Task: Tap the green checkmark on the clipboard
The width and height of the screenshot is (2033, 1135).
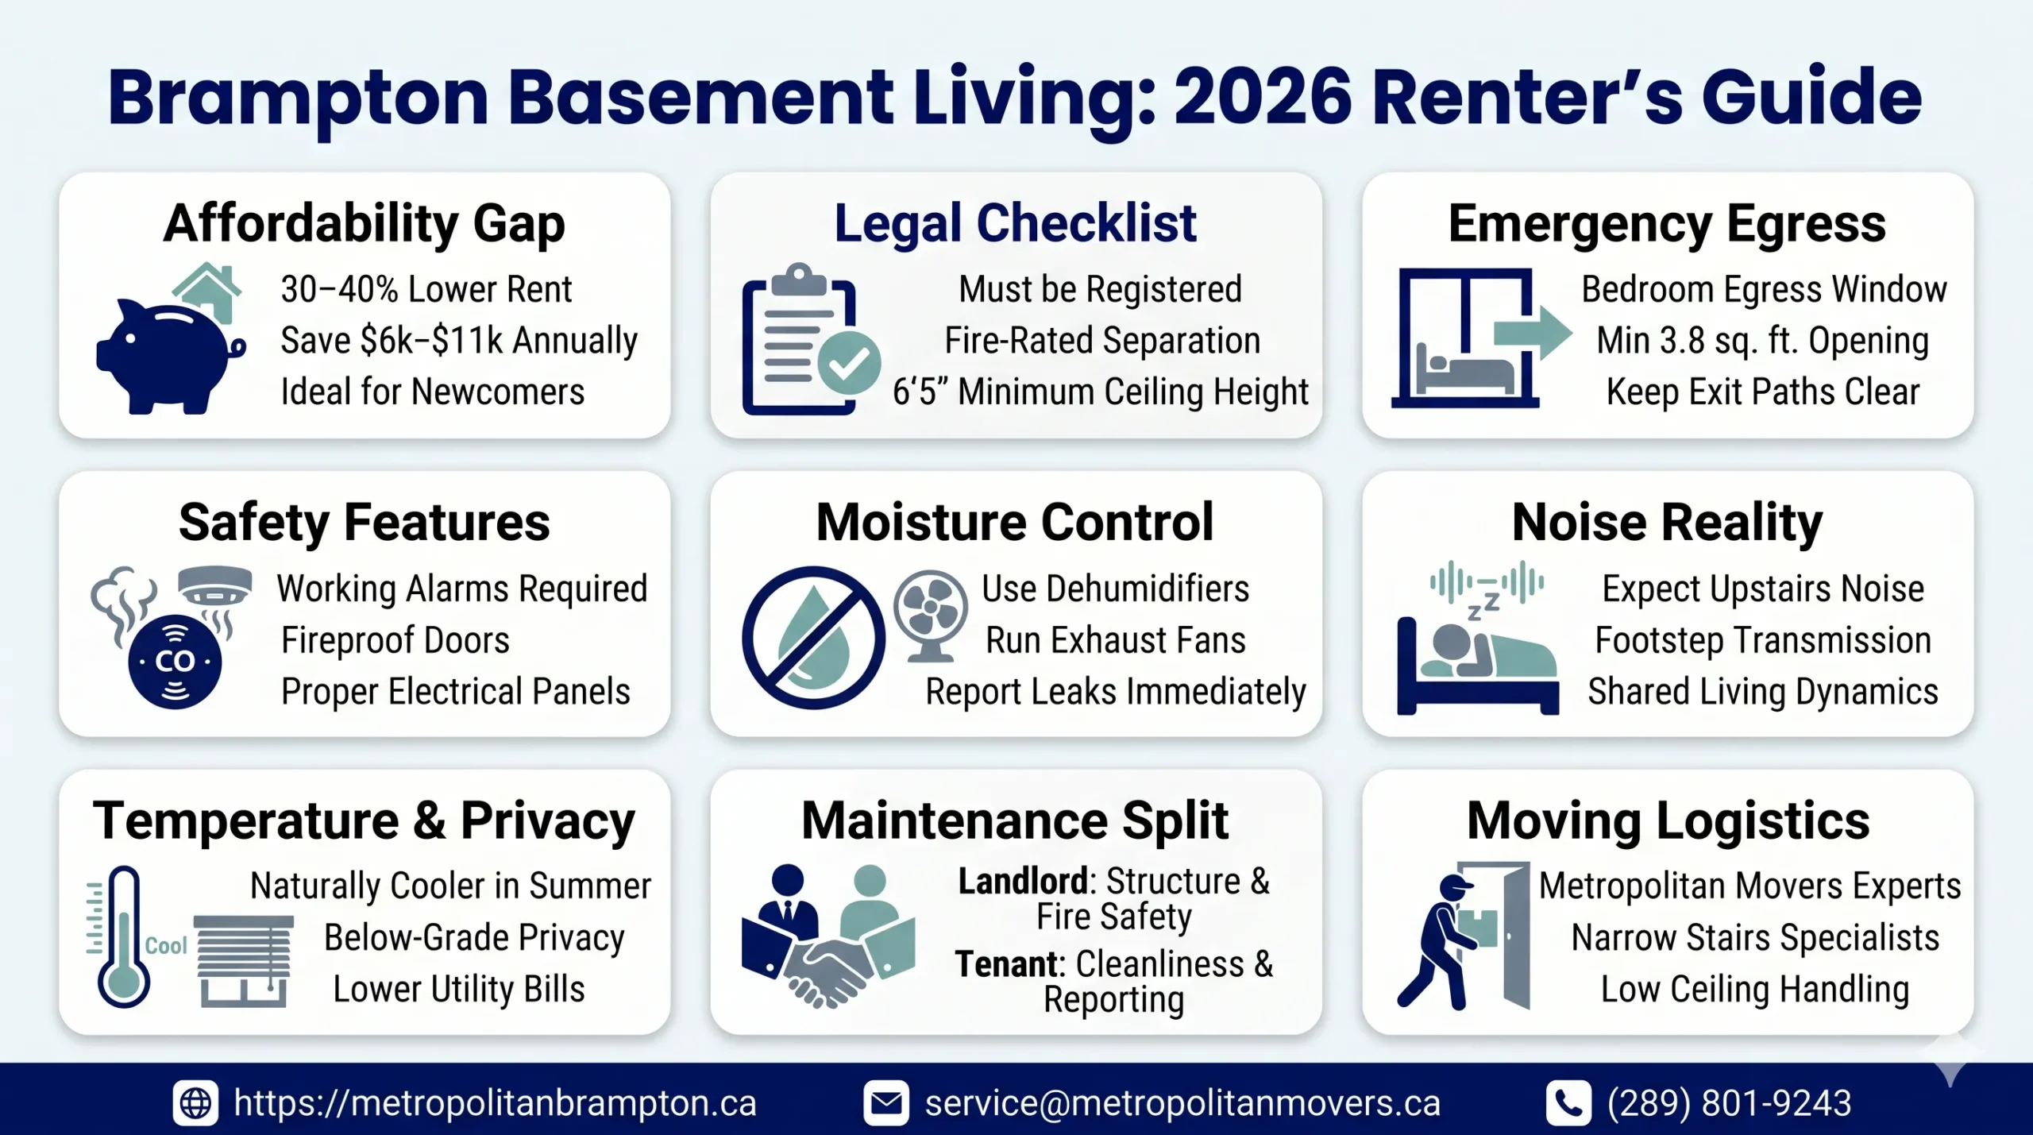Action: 849,364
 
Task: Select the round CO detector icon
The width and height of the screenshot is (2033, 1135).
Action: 175,661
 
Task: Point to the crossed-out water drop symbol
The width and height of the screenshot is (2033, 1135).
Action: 813,638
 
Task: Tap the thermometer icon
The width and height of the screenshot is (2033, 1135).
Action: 122,937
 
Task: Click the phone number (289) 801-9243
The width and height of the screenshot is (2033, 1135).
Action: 1729,1103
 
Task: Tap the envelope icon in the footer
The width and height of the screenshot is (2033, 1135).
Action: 885,1103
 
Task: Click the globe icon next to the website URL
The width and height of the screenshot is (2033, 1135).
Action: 195,1103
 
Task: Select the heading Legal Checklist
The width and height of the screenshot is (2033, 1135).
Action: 1015,223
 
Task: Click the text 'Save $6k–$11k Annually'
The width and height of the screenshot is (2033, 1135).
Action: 458,341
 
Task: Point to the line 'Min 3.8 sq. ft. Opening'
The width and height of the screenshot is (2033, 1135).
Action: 1762,341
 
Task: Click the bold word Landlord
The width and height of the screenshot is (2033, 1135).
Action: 1023,882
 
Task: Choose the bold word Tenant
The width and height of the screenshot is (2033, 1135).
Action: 1007,964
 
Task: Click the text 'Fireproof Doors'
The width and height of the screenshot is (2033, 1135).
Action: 395,640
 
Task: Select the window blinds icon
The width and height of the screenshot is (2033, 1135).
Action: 244,961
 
